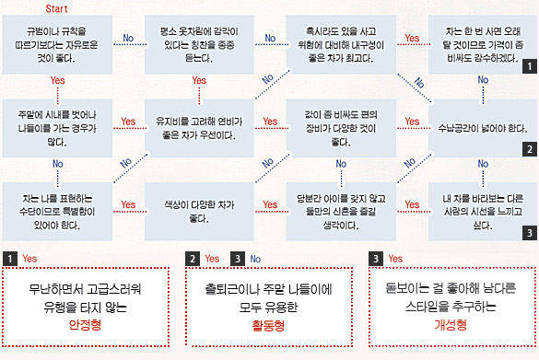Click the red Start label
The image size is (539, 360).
click(x=56, y=8)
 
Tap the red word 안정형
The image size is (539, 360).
click(x=86, y=324)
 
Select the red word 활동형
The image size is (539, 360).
click(x=268, y=325)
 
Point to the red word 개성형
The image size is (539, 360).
click(x=451, y=324)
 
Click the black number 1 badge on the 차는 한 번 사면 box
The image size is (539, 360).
click(x=530, y=66)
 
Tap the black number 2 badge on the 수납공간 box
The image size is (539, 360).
click(x=530, y=149)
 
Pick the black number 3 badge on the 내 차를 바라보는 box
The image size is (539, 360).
click(x=530, y=233)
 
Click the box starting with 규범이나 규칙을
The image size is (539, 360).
click(x=57, y=45)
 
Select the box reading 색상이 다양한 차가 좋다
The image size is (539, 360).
click(x=199, y=212)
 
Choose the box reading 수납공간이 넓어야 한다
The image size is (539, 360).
click(x=483, y=128)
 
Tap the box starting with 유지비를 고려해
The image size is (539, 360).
click(x=199, y=128)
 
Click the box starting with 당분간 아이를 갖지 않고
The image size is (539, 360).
click(x=341, y=212)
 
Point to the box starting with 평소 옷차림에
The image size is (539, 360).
click(x=199, y=45)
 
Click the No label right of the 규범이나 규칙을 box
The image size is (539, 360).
click(x=128, y=38)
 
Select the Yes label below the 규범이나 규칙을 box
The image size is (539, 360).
click(x=57, y=80)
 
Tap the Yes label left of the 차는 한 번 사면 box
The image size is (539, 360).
click(x=412, y=38)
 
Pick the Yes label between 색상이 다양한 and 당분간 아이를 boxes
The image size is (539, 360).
click(x=270, y=204)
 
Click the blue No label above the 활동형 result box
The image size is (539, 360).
click(x=255, y=259)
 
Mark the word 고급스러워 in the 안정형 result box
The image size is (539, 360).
click(x=113, y=289)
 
